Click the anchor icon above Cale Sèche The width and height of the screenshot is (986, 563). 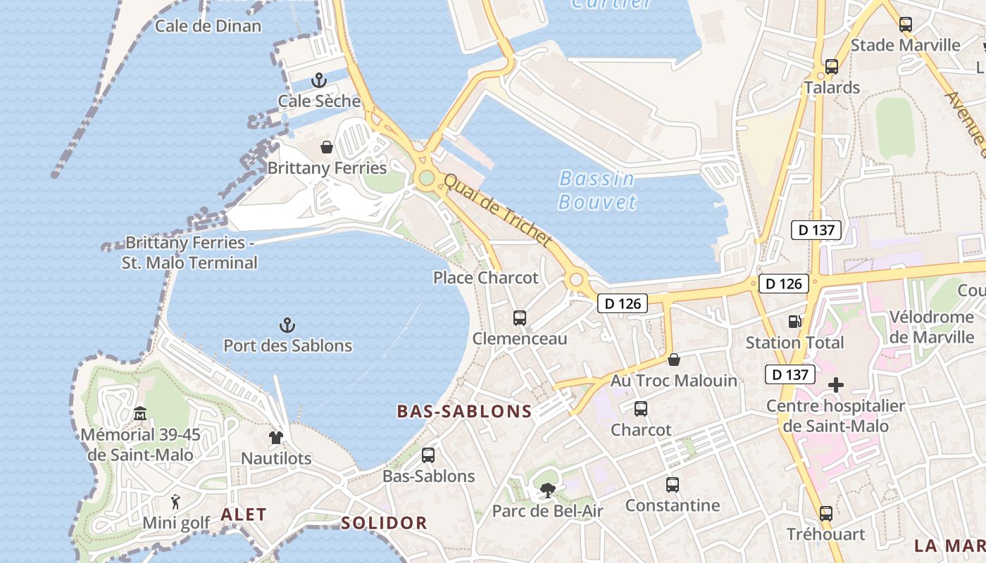[x=319, y=80]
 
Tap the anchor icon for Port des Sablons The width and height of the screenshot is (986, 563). [x=287, y=325]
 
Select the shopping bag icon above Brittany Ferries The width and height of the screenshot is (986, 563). [x=327, y=147]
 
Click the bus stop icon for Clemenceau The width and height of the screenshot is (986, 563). [x=520, y=318]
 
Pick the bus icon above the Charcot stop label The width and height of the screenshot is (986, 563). [x=641, y=409]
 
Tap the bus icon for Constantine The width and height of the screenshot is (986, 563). [x=673, y=485]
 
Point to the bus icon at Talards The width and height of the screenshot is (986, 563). [x=832, y=67]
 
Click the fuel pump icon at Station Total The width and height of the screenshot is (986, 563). [x=794, y=322]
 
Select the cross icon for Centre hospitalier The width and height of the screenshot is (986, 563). [x=836, y=385]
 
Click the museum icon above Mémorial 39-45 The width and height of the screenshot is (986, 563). [x=140, y=414]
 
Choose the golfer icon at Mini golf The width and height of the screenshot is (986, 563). [x=176, y=502]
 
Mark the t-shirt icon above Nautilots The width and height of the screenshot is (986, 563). [x=276, y=438]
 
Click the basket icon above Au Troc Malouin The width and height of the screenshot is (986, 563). [x=674, y=360]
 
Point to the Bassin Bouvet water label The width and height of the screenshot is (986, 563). [x=597, y=190]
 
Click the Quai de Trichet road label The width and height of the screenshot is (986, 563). [x=497, y=210]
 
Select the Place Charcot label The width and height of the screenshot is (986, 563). [x=485, y=278]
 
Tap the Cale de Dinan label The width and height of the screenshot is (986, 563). [x=208, y=26]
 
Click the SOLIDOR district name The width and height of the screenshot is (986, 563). [x=384, y=523]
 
